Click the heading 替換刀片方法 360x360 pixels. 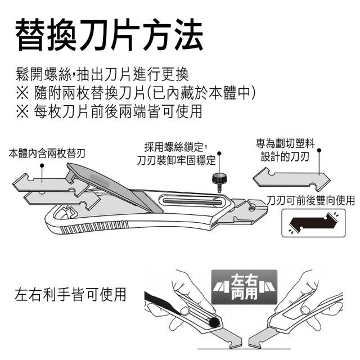109,35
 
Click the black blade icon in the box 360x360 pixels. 312,223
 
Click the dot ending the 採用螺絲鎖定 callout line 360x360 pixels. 219,152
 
